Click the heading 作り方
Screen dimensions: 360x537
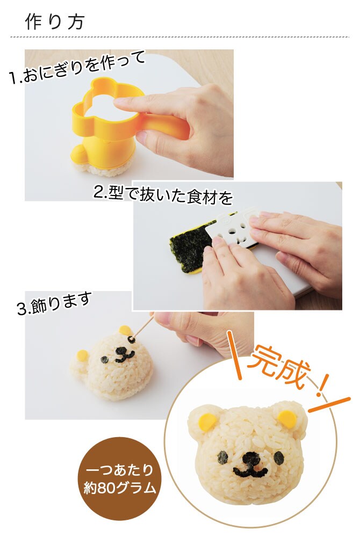click(x=54, y=22)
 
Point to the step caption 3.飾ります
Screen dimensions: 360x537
click(x=54, y=303)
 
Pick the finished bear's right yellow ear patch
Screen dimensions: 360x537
click(x=287, y=419)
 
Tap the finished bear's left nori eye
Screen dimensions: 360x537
click(x=223, y=457)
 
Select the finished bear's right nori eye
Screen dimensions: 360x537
click(x=279, y=457)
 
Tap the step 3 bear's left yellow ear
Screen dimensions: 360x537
click(x=82, y=355)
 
